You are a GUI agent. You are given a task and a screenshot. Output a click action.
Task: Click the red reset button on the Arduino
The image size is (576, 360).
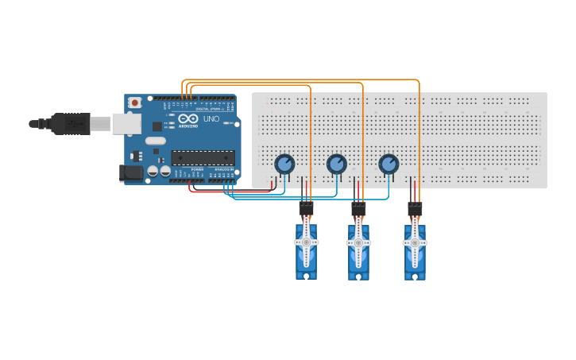[135, 103]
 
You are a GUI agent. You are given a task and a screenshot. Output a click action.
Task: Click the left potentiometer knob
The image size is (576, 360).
[284, 164]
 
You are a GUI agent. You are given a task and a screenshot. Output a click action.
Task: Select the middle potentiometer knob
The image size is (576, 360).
[337, 164]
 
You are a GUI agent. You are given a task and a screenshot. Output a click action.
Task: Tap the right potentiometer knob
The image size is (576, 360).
[389, 164]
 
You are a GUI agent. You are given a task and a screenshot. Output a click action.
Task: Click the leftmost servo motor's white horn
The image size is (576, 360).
[306, 242]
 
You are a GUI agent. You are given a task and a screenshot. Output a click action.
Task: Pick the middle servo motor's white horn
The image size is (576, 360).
[358, 242]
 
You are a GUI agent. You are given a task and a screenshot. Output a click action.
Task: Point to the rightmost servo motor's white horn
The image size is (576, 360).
[415, 242]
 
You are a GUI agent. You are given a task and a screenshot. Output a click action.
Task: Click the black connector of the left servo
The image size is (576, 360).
[306, 209]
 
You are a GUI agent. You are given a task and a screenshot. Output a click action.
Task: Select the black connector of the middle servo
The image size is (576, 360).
[358, 209]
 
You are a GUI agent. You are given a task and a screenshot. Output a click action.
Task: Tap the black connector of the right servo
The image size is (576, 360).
[415, 209]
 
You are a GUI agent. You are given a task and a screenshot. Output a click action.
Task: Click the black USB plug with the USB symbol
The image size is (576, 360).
[71, 124]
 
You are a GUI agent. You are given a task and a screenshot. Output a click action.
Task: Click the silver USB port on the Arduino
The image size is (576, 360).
[126, 123]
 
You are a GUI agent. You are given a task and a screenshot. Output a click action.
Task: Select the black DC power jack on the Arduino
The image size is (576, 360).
[130, 172]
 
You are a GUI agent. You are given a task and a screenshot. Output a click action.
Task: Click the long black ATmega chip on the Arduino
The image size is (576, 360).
[203, 157]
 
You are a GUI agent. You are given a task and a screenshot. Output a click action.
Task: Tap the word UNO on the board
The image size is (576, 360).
[211, 119]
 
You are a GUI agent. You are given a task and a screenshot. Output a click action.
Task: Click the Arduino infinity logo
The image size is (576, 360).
[188, 118]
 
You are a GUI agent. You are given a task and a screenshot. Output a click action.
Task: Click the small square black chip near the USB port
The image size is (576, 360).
[157, 126]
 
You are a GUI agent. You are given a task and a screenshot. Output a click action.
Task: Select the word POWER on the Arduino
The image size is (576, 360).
[197, 169]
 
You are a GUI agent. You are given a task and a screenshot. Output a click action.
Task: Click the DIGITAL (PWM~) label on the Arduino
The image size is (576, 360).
[208, 109]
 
